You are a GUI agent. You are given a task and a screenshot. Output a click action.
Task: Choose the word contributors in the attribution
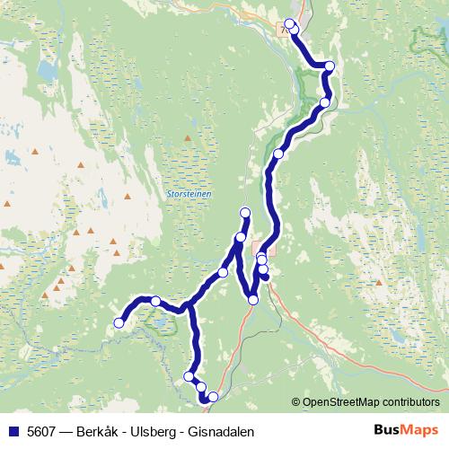pos(409,401)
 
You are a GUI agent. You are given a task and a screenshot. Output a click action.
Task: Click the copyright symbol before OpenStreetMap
pos(296,401)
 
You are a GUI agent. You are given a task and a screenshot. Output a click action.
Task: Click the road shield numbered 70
pos(286,30)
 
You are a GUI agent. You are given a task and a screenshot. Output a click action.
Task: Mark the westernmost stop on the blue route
pos(119,322)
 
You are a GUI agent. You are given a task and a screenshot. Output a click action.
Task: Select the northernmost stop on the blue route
pos(289,23)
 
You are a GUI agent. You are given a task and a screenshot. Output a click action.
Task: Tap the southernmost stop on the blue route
pos(205,399)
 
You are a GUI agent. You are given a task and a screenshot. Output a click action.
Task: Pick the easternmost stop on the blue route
pos(330,66)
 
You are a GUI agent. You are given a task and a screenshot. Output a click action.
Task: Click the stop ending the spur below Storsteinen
pos(245,212)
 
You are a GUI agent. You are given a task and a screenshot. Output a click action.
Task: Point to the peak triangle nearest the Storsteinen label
pos(186,137)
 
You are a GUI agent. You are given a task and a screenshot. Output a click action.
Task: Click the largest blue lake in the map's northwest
pos(43,70)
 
